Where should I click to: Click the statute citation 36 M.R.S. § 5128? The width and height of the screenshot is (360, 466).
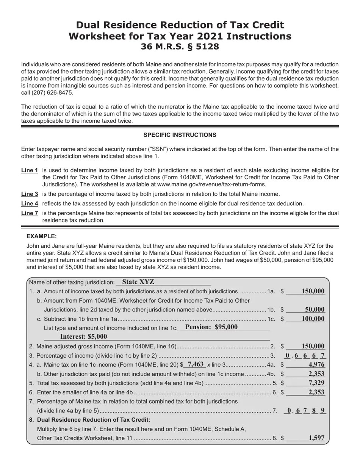[x=180, y=47]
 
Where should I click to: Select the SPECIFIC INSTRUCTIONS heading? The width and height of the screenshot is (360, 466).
[x=180, y=135]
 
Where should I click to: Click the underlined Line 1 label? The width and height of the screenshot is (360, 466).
[x=30, y=170]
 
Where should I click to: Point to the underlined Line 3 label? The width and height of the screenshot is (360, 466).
[x=30, y=194]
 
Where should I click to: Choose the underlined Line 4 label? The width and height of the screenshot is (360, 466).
[x=30, y=203]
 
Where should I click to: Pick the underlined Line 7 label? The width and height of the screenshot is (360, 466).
[x=30, y=213]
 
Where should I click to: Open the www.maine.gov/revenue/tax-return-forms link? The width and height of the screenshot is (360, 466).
[x=211, y=185]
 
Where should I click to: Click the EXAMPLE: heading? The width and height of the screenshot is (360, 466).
[x=42, y=236]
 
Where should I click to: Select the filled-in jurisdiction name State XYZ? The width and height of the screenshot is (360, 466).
[x=138, y=282]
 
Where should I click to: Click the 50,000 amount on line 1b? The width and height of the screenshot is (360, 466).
[x=315, y=310]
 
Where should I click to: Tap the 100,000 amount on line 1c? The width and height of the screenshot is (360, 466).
[x=313, y=319]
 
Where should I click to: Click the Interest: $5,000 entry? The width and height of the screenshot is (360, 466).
[x=83, y=336]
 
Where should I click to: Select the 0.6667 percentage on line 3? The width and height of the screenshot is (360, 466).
[x=305, y=355]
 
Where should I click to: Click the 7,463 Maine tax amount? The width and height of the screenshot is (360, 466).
[x=196, y=364]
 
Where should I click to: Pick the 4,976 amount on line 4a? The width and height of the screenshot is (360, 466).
[x=316, y=364]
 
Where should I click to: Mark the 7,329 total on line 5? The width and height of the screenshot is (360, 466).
[x=316, y=383]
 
